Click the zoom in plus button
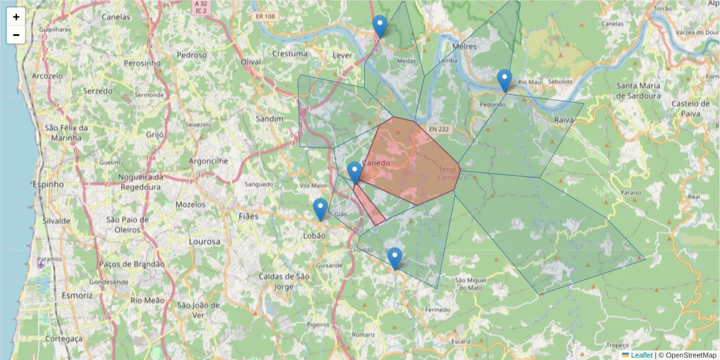16,17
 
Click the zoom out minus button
16,35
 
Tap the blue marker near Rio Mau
505,80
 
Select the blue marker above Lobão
320,209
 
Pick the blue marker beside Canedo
355,172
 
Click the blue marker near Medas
379,26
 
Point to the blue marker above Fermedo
394,258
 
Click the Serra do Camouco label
452,174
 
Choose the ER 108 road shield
263,17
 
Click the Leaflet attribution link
641,355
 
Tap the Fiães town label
248,216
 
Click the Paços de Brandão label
131,264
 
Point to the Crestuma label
290,53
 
